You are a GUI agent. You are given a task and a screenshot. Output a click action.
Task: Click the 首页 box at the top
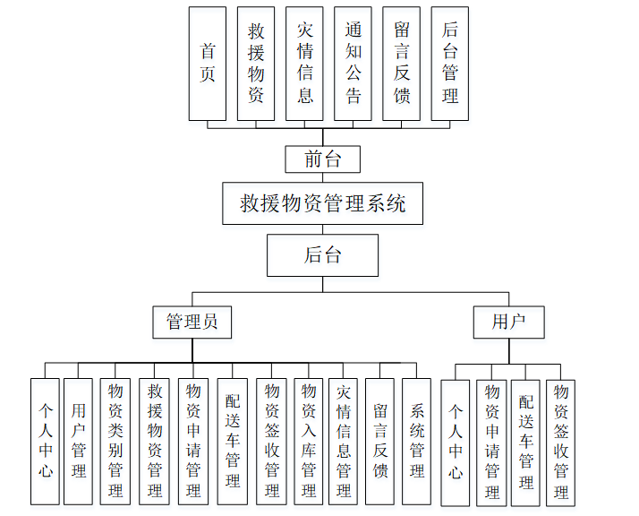[x=208, y=64]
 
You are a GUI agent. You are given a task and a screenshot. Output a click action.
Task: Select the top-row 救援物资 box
[x=256, y=64]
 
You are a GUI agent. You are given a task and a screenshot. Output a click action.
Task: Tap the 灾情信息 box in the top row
[x=304, y=64]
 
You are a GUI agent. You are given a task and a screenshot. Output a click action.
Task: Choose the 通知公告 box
[x=354, y=64]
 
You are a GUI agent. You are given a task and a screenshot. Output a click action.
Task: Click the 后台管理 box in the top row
[x=450, y=64]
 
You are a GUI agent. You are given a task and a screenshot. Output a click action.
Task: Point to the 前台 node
[x=323, y=159]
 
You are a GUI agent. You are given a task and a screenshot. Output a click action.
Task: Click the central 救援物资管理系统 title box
[x=322, y=203]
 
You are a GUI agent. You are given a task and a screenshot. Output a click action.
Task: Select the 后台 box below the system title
[x=322, y=255]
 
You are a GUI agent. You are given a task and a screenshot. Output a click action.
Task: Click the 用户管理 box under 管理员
[x=79, y=440]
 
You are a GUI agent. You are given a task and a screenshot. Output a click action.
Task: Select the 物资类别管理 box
[x=115, y=440]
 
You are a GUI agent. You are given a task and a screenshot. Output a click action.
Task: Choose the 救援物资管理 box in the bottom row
[x=155, y=440]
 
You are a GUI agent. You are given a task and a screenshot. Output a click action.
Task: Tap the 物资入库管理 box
[x=309, y=440]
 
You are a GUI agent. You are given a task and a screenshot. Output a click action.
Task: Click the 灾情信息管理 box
[x=345, y=440]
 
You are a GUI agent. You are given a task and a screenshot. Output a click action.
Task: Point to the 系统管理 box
[x=417, y=440]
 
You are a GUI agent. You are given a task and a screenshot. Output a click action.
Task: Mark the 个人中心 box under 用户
[x=456, y=443]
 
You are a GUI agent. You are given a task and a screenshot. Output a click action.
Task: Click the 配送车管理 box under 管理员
[x=233, y=440]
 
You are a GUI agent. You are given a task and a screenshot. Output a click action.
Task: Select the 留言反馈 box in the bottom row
[x=380, y=440]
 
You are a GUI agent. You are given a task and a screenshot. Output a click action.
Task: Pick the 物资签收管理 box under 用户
[x=561, y=443]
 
